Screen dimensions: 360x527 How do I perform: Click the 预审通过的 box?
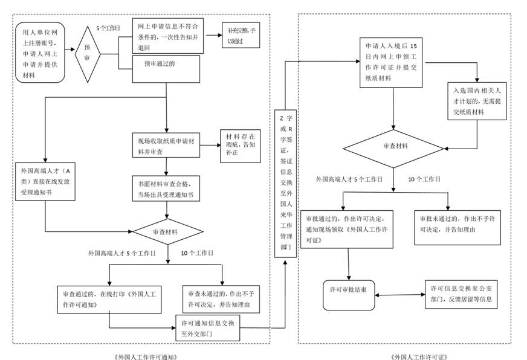click(x=167, y=65)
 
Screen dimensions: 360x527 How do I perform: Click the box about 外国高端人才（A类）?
click(x=45, y=179)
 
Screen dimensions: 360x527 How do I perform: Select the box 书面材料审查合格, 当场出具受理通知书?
click(x=167, y=190)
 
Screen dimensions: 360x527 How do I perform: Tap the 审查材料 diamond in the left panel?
click(x=167, y=232)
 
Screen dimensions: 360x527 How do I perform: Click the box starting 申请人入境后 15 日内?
click(x=393, y=60)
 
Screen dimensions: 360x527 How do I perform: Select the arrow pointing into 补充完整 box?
click(x=213, y=35)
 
